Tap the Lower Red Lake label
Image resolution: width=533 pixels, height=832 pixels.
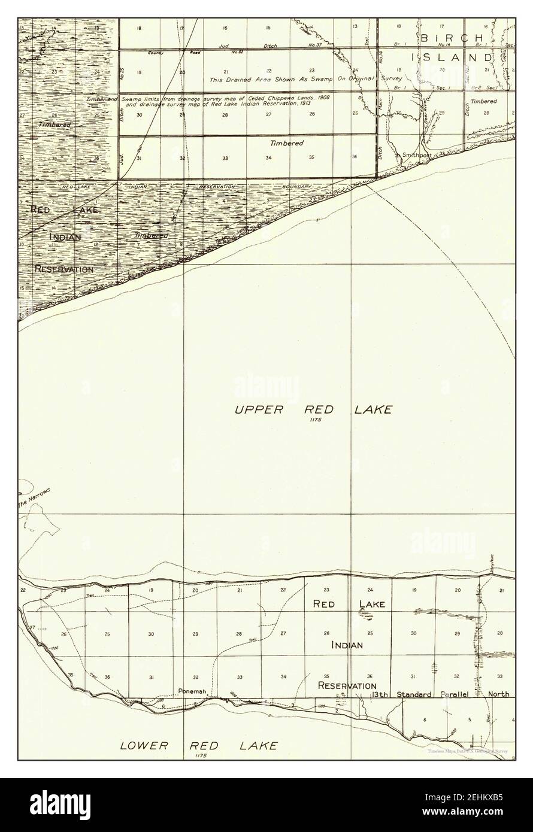tap(199, 746)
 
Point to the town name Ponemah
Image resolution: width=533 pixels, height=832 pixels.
tap(192, 691)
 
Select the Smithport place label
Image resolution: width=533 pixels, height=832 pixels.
tap(417, 154)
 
